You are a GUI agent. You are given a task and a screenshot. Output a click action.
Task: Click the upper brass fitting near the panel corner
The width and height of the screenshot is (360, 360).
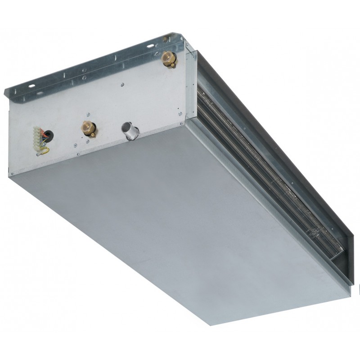[169, 58]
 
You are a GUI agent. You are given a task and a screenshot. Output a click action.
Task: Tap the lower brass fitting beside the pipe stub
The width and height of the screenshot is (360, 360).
[88, 127]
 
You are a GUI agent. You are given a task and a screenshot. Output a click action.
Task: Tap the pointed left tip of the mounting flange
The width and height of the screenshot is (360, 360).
[5, 94]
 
